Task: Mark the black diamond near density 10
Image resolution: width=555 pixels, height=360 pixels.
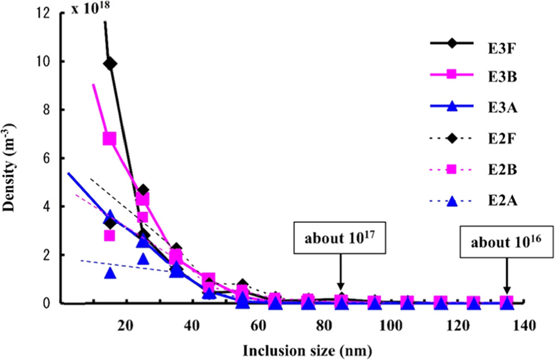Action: (x=110, y=64)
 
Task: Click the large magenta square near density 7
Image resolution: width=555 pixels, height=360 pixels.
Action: (x=110, y=139)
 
